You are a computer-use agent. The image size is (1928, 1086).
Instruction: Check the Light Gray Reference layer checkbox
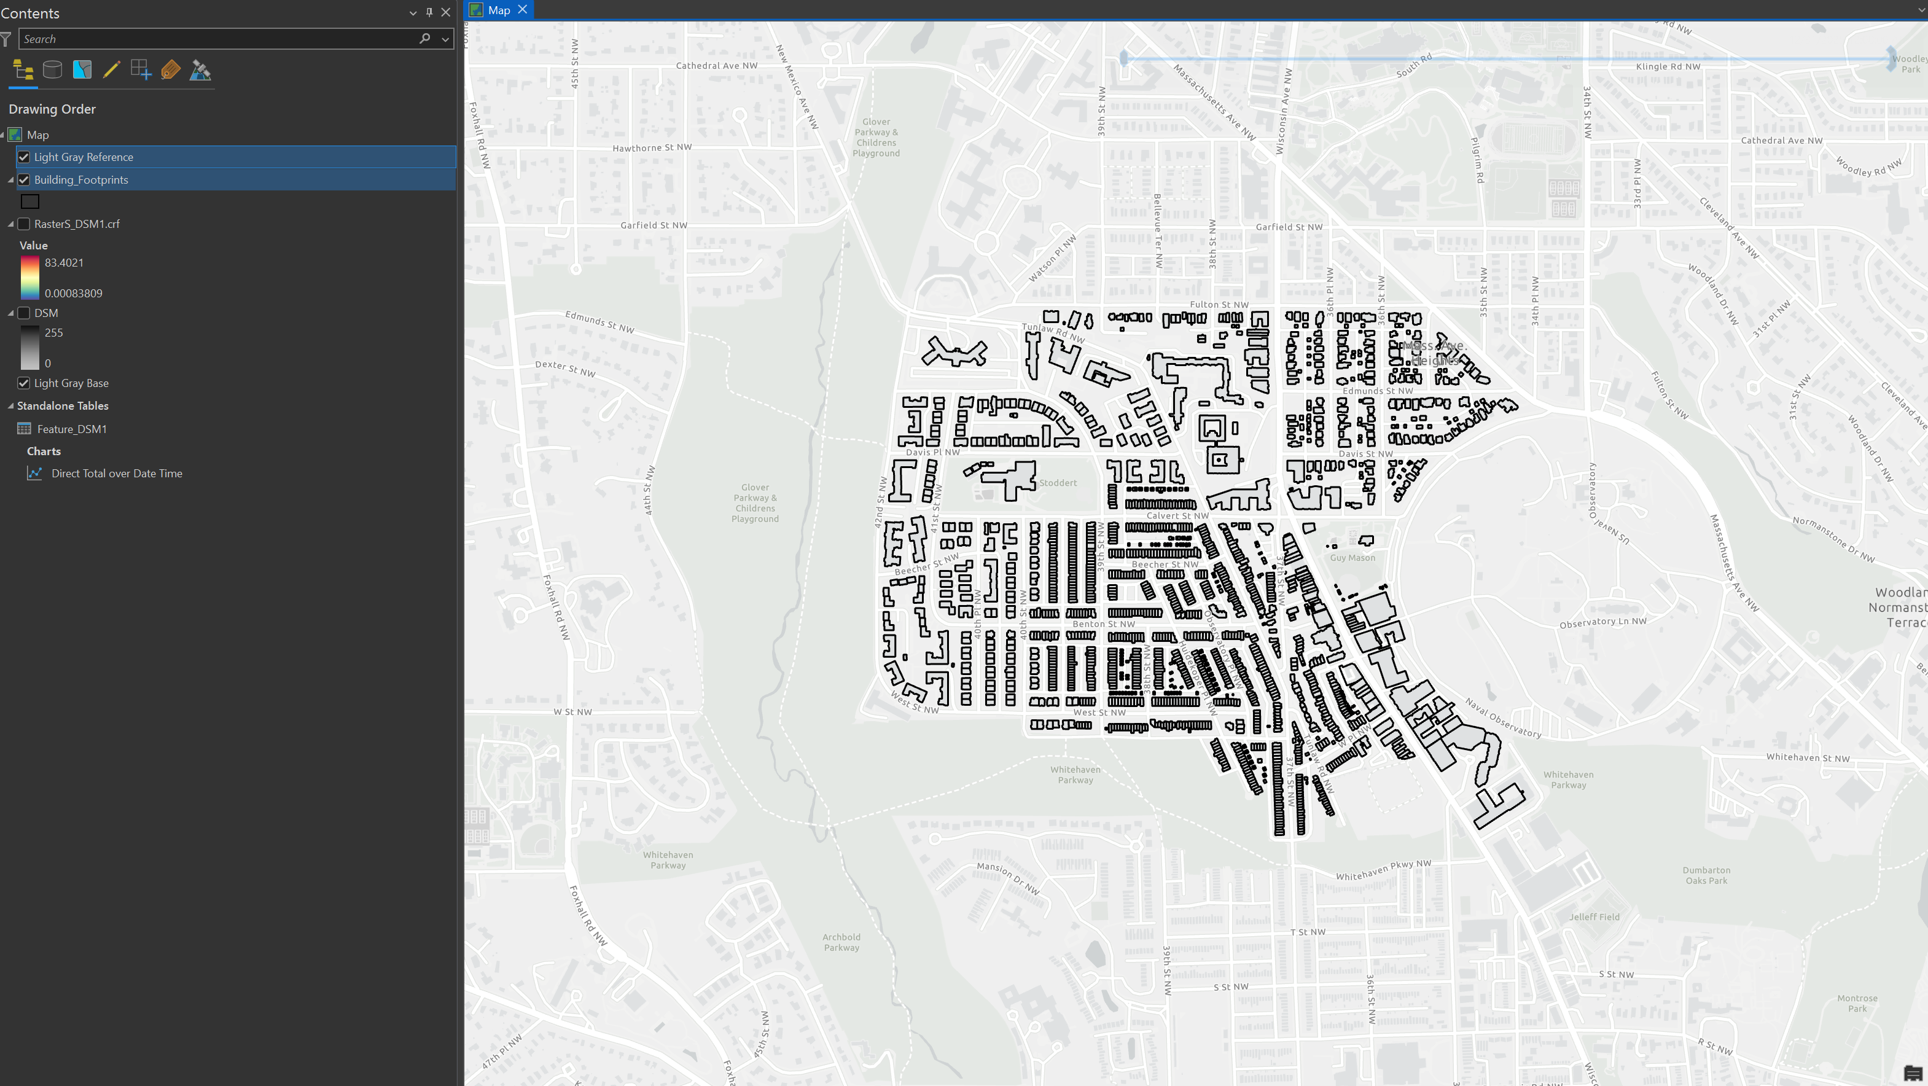click(24, 157)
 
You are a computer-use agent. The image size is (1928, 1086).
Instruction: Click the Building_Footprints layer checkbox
click(24, 179)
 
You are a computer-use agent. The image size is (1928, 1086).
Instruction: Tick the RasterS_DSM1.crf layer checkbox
click(24, 224)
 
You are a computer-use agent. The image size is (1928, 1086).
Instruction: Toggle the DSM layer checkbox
click(24, 313)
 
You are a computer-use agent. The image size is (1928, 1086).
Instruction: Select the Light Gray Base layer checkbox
click(24, 383)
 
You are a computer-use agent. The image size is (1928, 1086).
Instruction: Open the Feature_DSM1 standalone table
click(71, 429)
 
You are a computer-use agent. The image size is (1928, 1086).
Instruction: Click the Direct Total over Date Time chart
click(116, 473)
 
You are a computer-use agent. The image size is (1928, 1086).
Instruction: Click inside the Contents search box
click(217, 39)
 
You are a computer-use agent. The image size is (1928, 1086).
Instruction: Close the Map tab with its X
click(523, 10)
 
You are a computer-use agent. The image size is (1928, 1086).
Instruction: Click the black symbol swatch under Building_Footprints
click(30, 201)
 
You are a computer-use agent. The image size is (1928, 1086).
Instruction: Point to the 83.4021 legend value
click(64, 263)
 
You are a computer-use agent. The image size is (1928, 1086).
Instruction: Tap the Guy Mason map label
click(1352, 558)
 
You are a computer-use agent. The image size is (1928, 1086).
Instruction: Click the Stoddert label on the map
click(1058, 483)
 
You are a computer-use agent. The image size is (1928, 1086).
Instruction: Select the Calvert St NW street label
click(1177, 516)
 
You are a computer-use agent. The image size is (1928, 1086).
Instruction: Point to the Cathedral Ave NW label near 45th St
click(716, 66)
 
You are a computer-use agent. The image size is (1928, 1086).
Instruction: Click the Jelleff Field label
click(1594, 917)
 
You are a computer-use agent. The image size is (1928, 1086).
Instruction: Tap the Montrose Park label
click(1857, 1003)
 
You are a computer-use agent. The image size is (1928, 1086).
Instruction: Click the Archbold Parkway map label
click(841, 942)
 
